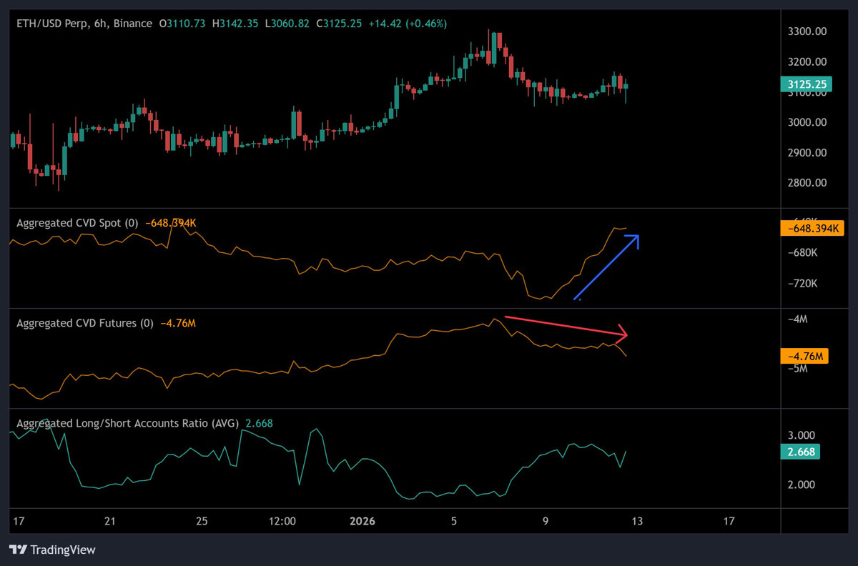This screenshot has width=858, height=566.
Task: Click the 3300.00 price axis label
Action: (807, 32)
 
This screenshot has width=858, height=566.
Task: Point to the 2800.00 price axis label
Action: (807, 183)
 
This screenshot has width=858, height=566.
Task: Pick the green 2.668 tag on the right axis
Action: (800, 452)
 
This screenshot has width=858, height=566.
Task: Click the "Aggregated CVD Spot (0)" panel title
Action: (77, 223)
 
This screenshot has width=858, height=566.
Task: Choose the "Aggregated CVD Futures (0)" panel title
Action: (85, 323)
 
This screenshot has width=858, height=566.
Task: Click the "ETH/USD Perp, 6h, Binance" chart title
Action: (84, 24)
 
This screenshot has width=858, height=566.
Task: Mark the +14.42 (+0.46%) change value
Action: (408, 24)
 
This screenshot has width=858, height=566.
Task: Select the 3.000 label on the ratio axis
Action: (800, 435)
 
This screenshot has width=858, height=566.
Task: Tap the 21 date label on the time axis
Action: (109, 521)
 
